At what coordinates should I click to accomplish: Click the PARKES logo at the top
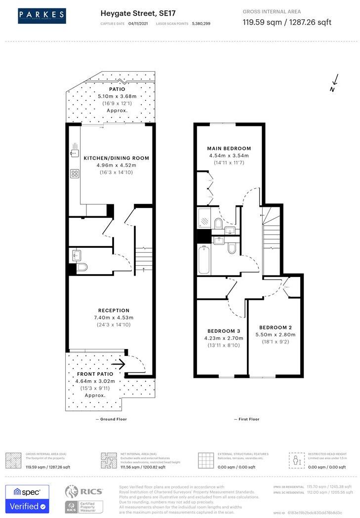(x=42, y=16)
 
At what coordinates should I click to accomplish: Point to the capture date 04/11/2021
(x=138, y=23)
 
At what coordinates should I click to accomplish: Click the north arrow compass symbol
(x=334, y=83)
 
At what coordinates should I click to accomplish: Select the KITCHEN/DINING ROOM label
(x=116, y=158)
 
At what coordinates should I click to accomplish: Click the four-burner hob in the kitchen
(x=75, y=173)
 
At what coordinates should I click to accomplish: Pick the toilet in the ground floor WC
(x=81, y=267)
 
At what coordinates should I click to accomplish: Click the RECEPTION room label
(x=114, y=311)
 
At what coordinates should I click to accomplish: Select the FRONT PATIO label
(x=94, y=374)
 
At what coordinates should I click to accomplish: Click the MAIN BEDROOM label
(x=229, y=148)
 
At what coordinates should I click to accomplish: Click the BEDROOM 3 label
(x=224, y=331)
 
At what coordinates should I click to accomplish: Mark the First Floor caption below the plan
(x=246, y=419)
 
